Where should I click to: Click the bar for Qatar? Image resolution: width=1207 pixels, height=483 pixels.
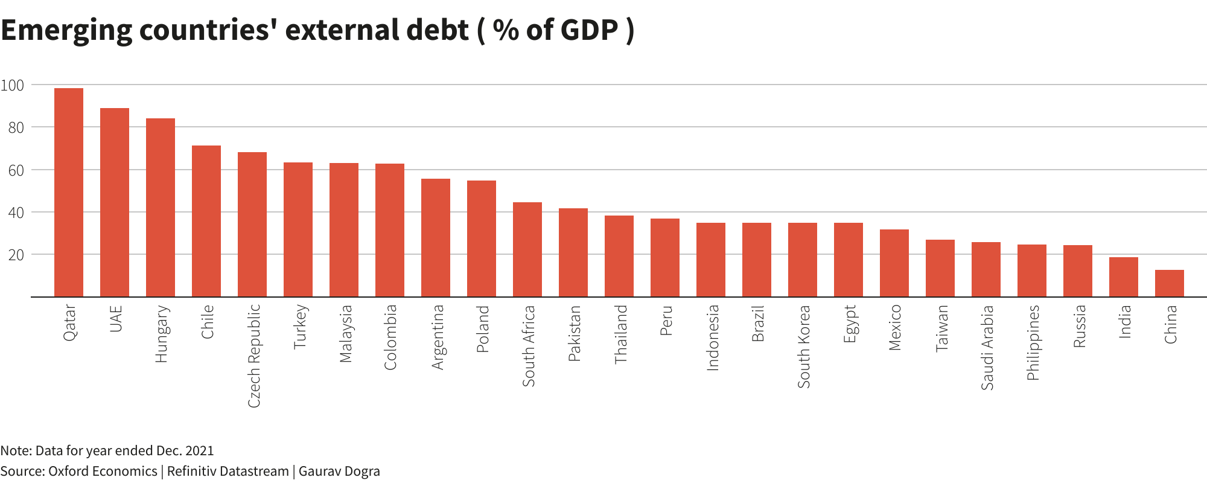pyautogui.click(x=69, y=193)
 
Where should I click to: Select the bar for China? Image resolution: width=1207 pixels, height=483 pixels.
pyautogui.click(x=1169, y=283)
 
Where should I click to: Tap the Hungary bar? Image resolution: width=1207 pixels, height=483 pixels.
pyautogui.click(x=161, y=208)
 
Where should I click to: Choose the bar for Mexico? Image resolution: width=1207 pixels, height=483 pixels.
pyautogui.click(x=894, y=263)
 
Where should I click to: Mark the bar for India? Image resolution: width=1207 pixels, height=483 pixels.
pyautogui.click(x=1123, y=277)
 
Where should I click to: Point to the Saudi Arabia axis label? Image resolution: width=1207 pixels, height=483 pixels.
pyautogui.click(x=987, y=347)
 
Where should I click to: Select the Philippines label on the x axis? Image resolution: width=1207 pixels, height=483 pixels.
pyautogui.click(x=1033, y=342)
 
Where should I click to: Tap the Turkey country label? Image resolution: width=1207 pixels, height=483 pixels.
pyautogui.click(x=300, y=327)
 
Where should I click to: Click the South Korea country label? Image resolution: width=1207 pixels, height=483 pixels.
pyautogui.click(x=804, y=346)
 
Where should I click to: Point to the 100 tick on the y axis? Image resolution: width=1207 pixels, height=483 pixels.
pyautogui.click(x=12, y=85)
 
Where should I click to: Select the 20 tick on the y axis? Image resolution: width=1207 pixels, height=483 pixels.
pyautogui.click(x=16, y=255)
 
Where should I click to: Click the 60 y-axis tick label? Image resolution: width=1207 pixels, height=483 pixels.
pyautogui.click(x=16, y=170)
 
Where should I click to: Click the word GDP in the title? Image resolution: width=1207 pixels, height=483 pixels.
pyautogui.click(x=589, y=30)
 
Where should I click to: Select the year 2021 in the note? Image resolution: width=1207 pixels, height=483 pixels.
pyautogui.click(x=199, y=450)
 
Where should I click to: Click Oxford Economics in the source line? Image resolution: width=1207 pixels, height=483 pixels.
pyautogui.click(x=103, y=471)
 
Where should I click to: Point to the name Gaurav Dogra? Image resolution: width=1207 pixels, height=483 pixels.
pyautogui.click(x=339, y=471)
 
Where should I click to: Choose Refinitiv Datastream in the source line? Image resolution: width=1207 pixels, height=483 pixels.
pyautogui.click(x=228, y=471)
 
